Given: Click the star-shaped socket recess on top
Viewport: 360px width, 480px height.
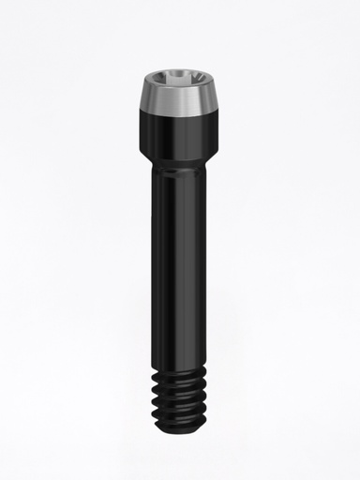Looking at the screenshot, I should (x=179, y=79).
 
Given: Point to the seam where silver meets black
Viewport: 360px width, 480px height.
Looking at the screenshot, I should (x=179, y=113).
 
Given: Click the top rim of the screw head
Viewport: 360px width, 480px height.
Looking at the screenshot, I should (x=179, y=71).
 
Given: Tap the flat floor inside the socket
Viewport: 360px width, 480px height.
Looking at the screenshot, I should (x=179, y=82).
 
